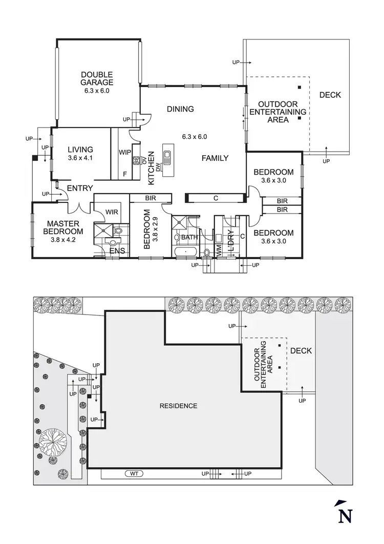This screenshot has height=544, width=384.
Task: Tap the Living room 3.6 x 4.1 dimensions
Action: click(80, 158)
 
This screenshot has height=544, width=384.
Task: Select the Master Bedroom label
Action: click(63, 227)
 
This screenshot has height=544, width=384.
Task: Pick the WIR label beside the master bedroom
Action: click(112, 212)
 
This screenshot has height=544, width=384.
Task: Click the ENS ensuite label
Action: click(117, 251)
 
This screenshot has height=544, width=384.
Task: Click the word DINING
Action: click(180, 109)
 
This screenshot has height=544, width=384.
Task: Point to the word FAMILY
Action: click(215, 158)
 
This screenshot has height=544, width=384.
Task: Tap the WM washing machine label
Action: click(219, 250)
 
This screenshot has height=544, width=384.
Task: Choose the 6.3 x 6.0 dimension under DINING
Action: click(194, 137)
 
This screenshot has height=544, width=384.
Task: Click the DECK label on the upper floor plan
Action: click(330, 95)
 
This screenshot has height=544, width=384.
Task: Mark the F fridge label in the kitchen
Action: click(124, 174)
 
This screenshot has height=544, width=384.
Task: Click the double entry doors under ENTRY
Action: click(79, 207)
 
